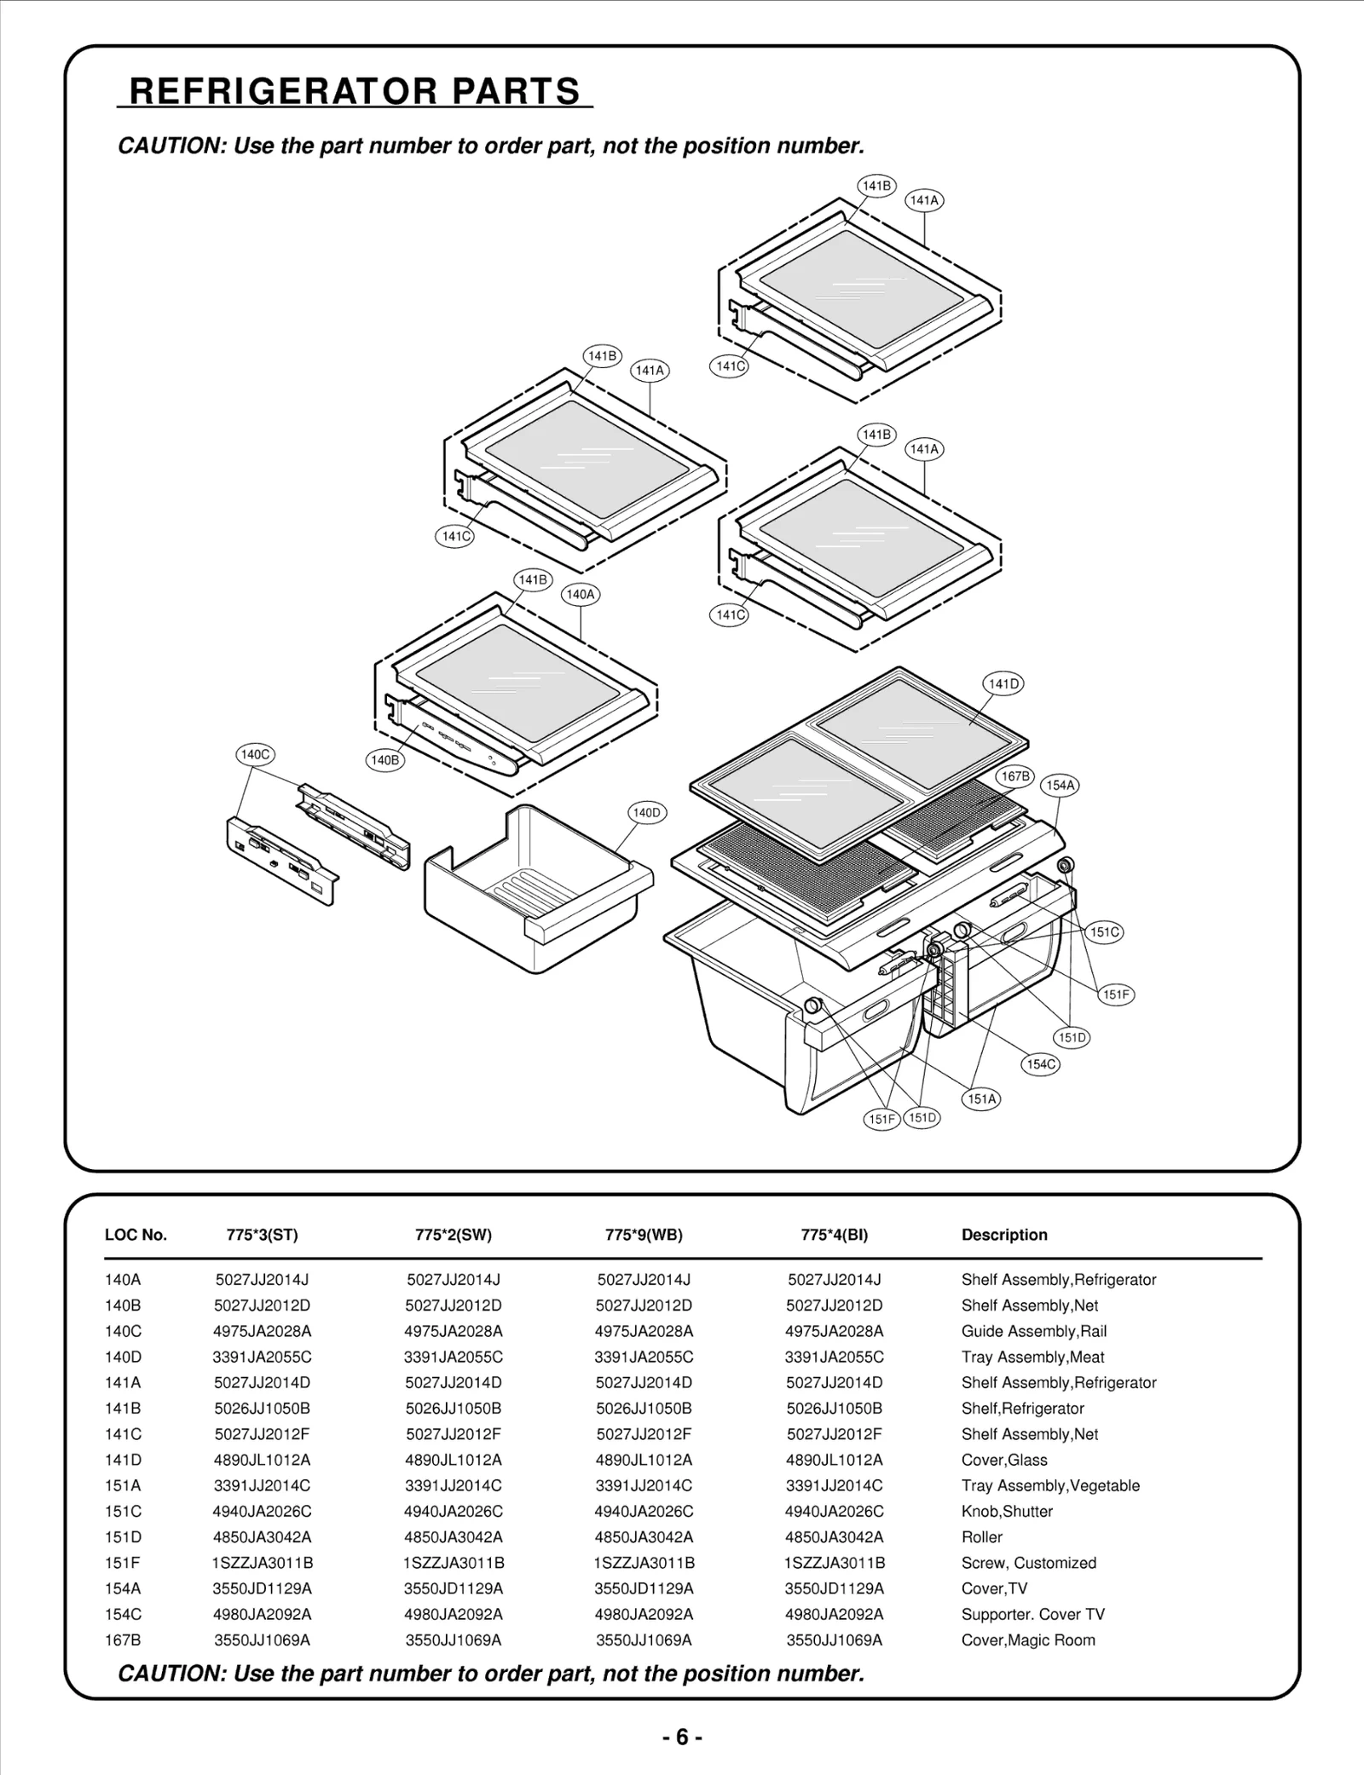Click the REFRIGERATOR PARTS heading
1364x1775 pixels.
pos(355,91)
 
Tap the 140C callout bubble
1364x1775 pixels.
pos(255,754)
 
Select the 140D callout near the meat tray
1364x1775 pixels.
pos(647,813)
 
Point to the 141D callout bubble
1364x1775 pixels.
pos(1003,683)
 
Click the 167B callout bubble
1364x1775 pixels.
pos(1015,776)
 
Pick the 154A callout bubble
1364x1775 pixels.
pos(1060,785)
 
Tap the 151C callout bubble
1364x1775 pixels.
pos(1104,932)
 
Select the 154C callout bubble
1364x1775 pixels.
pos(1041,1063)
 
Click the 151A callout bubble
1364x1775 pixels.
pos(981,1098)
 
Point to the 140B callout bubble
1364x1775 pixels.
pos(384,759)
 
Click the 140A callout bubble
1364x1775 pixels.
pos(581,594)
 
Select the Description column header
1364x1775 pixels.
pos(1004,1235)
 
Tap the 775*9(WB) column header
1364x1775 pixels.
pos(644,1235)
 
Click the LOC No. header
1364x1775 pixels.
pos(136,1235)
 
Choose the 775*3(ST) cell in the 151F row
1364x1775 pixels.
pos(262,1563)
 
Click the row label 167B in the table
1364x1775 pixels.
pos(123,1640)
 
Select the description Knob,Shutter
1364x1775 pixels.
pos(1007,1511)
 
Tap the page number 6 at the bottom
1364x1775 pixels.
pos(682,1737)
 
